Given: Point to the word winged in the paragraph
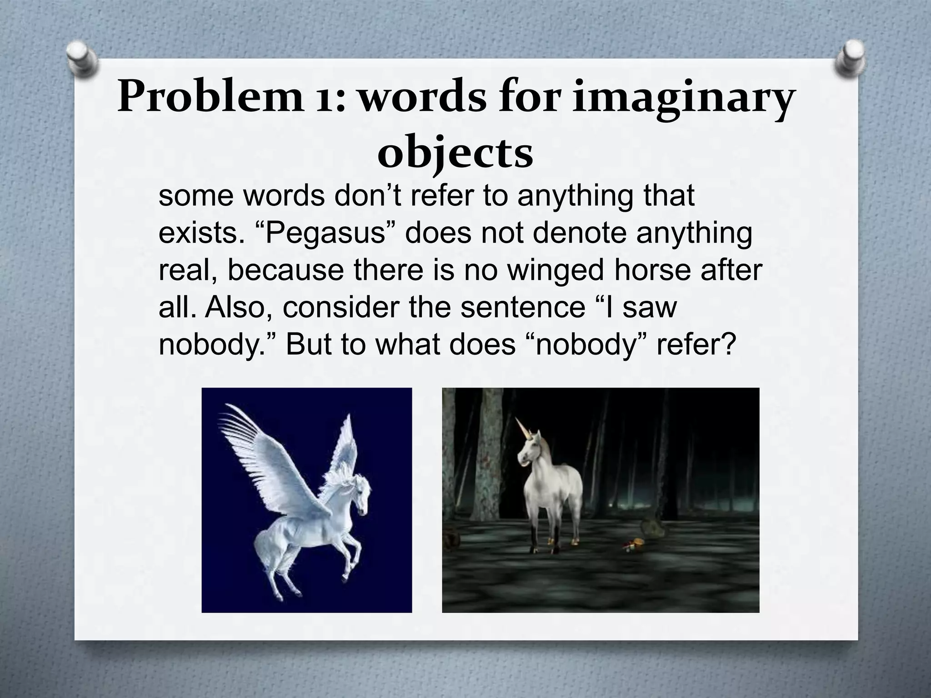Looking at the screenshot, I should tap(556, 270).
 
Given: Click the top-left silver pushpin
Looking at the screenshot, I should tap(82, 58).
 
